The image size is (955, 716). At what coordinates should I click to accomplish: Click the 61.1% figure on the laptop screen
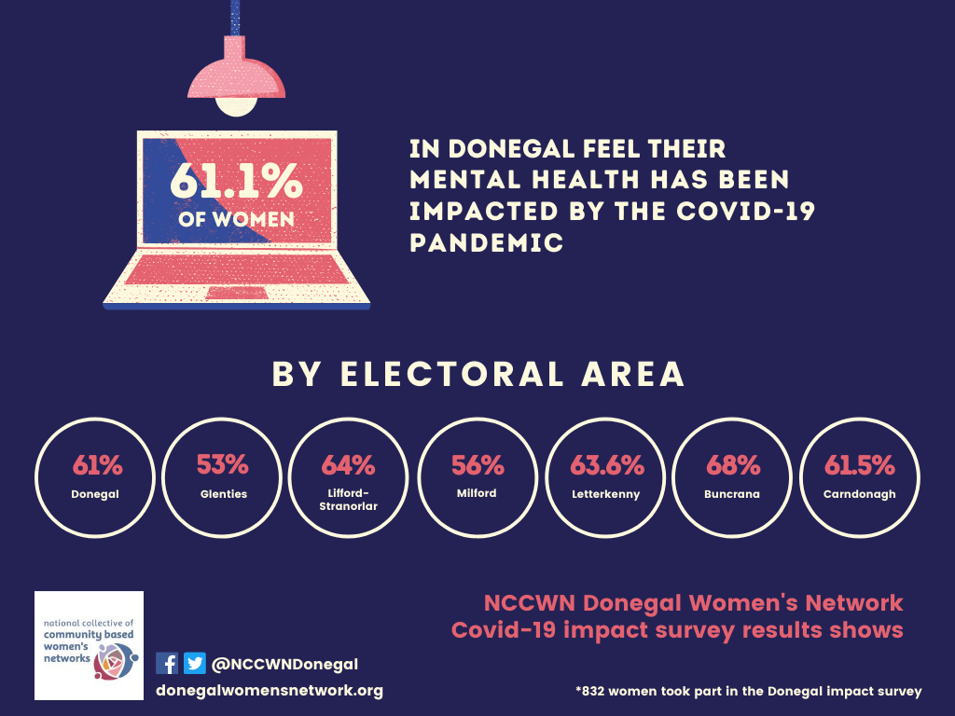tap(236, 181)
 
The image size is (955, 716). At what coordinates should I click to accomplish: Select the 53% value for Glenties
tap(223, 464)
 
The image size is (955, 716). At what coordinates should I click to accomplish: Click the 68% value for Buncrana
tap(733, 464)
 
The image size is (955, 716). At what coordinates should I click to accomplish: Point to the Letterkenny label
tap(605, 494)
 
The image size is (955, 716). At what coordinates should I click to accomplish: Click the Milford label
tap(477, 493)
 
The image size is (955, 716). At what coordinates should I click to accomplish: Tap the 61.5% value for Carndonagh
tap(859, 464)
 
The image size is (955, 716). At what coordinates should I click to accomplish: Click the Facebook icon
tap(167, 664)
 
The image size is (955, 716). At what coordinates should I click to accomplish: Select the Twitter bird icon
tap(195, 664)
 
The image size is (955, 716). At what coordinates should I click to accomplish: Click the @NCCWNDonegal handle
tap(284, 665)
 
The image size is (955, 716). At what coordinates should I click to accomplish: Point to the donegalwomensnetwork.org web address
tap(270, 691)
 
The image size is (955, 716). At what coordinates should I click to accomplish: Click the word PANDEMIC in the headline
tap(487, 243)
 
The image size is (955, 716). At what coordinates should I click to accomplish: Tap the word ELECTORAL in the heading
tap(451, 374)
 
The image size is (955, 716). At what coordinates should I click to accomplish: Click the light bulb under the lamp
tap(236, 103)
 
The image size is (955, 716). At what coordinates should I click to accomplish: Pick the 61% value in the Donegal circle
tap(97, 464)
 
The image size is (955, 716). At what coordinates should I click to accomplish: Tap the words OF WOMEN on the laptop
tap(236, 220)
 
